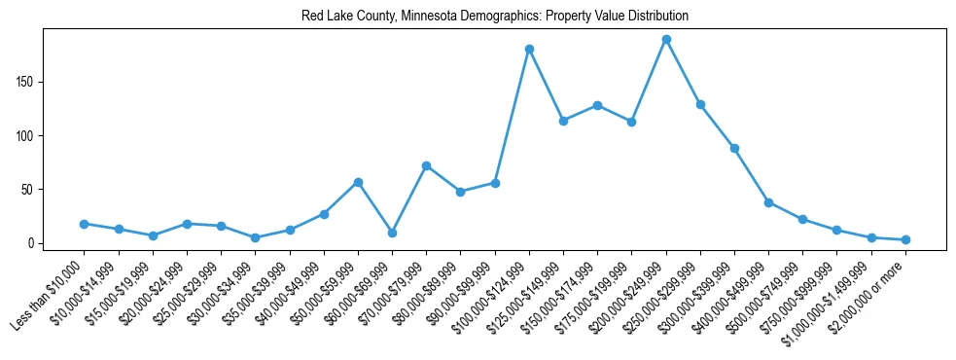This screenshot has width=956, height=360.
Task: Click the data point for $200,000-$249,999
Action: click(666, 40)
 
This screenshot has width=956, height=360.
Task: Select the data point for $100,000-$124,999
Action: click(529, 49)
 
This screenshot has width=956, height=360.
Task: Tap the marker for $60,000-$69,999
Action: click(392, 233)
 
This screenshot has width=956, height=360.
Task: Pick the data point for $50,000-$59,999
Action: click(358, 182)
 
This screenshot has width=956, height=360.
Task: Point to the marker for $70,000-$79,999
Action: click(426, 165)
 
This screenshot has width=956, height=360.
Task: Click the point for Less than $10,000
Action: click(85, 224)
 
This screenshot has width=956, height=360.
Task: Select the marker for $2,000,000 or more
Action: click(905, 239)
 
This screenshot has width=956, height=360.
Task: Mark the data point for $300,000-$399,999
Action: click(734, 148)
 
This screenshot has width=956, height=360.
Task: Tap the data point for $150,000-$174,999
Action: click(597, 105)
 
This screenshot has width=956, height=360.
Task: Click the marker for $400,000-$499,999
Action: click(768, 202)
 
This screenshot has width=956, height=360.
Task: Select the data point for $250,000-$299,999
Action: click(700, 104)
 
